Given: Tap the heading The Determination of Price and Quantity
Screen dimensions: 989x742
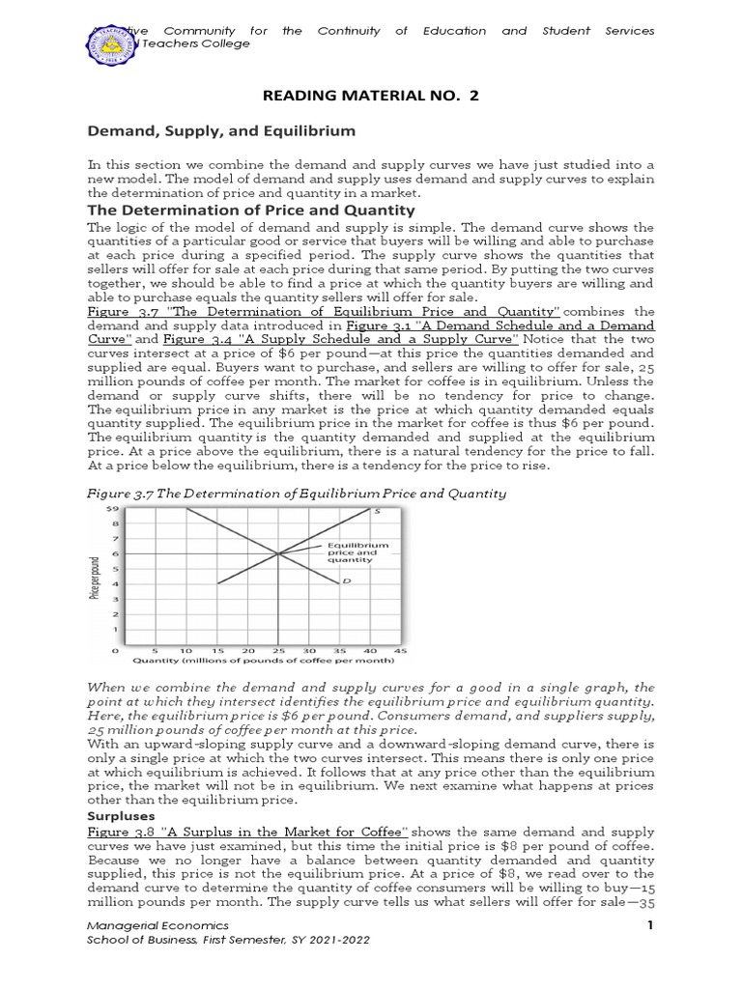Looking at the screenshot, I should coord(252,210).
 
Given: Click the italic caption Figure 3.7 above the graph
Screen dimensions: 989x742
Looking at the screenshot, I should coord(297,494).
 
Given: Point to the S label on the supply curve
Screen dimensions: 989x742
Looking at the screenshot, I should coord(377,510).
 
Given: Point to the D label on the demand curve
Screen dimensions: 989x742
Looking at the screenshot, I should coord(345,581).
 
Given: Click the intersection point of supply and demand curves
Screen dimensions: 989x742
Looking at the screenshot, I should coord(277,552).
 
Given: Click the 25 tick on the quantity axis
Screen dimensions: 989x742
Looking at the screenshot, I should coord(277,651).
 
